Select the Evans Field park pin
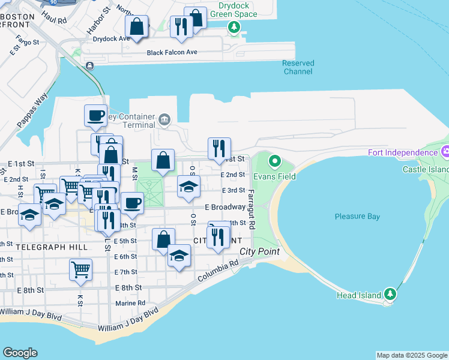[x=275, y=161]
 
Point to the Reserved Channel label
[x=298, y=67]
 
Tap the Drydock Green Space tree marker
[x=234, y=26]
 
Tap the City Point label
[x=260, y=251]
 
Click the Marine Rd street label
[x=130, y=303]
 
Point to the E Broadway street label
[x=224, y=207]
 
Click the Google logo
[x=20, y=353]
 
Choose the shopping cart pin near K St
[x=80, y=269]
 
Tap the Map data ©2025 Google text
[x=411, y=355]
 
